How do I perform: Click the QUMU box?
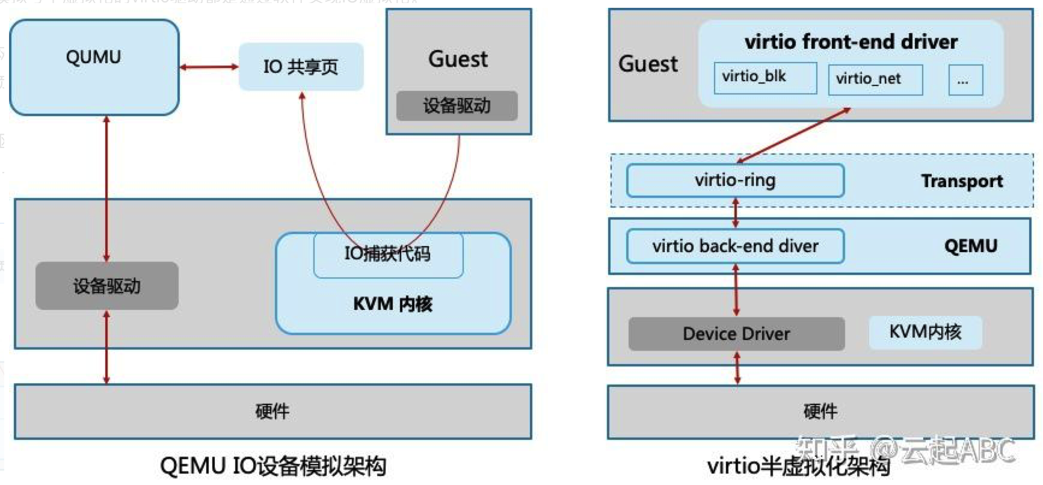[94, 67]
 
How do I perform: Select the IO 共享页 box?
[301, 67]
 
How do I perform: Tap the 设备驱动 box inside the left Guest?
[457, 106]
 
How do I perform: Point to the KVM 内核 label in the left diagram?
[393, 304]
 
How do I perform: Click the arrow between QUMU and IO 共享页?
[209, 67]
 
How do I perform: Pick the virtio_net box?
[875, 79]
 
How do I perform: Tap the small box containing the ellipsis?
[965, 80]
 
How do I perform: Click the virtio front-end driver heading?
[851, 42]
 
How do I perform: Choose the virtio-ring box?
[735, 180]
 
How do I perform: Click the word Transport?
[962, 181]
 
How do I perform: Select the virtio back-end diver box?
[735, 246]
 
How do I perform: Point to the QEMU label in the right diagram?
[970, 246]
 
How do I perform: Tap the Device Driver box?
[736, 334]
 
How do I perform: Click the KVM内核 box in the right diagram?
[925, 332]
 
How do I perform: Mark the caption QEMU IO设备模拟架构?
[272, 466]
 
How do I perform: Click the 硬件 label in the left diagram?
[272, 412]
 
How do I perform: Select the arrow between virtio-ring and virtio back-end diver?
[735, 213]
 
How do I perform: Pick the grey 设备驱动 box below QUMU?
[106, 286]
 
